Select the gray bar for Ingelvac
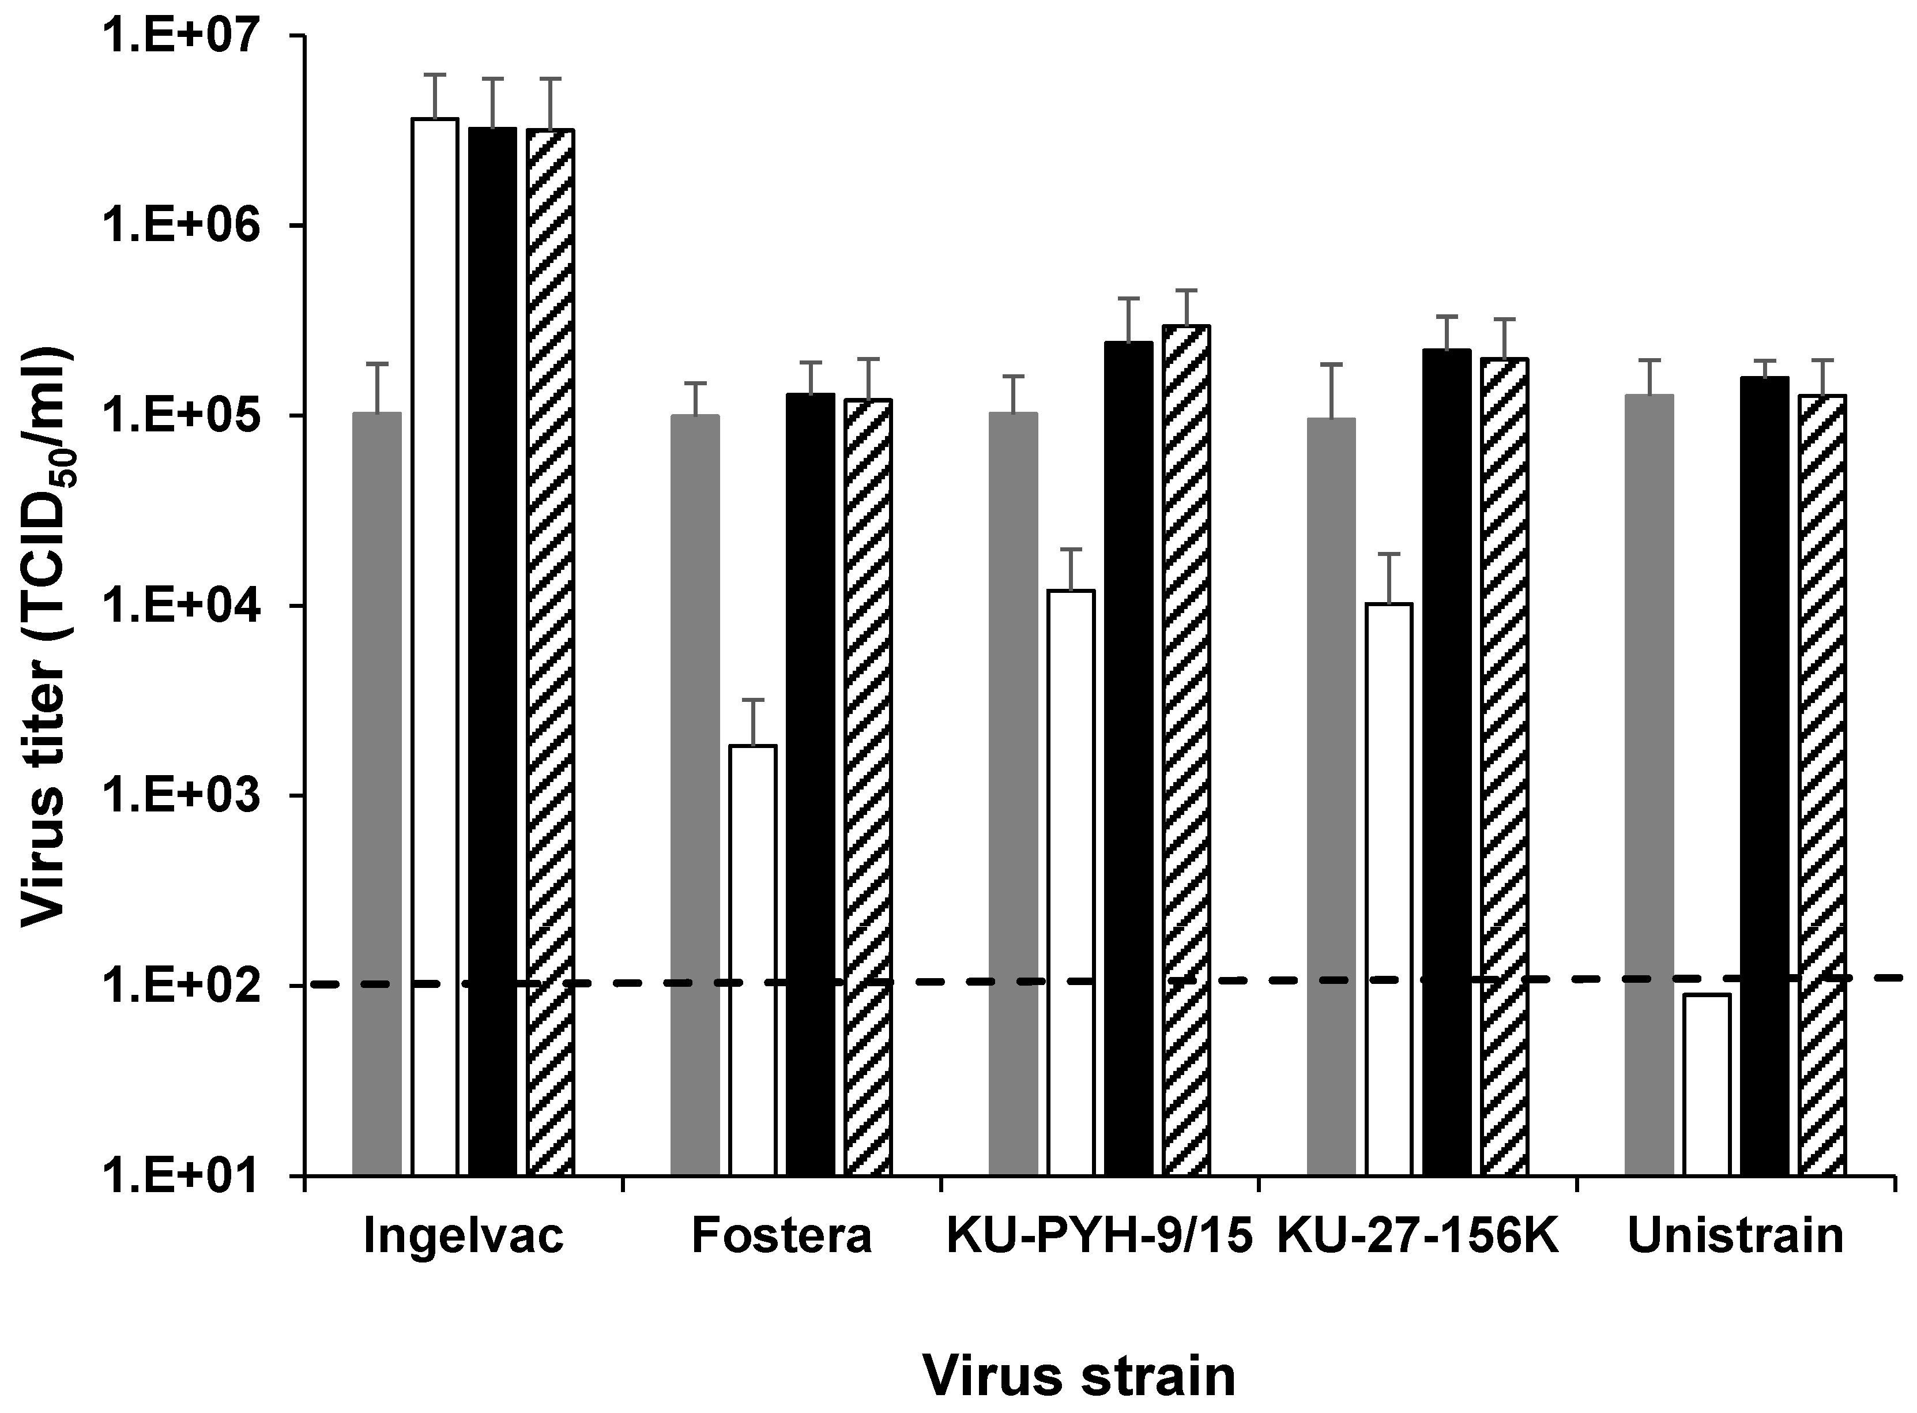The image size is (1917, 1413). (377, 795)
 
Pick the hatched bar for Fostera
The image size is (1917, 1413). (868, 787)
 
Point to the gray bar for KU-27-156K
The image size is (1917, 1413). (1331, 795)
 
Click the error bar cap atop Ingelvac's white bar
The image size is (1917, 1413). (435, 76)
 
